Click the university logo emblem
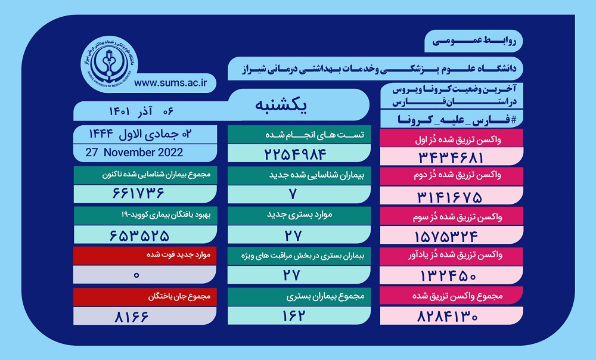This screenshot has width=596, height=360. click(110, 64)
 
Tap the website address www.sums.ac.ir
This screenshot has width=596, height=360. click(170, 83)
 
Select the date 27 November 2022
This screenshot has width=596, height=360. click(134, 153)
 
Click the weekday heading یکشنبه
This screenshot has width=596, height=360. click(281, 104)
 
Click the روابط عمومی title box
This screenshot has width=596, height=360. click(474, 41)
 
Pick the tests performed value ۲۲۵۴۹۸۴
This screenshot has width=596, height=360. click(296, 154)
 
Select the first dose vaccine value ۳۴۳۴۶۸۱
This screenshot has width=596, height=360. click(451, 157)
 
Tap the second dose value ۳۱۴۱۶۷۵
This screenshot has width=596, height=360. click(449, 197)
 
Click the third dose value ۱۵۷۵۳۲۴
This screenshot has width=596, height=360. click(446, 237)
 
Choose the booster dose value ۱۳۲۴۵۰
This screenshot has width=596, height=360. click(449, 275)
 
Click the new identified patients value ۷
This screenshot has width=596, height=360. click(292, 194)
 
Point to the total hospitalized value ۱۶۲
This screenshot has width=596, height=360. click(293, 316)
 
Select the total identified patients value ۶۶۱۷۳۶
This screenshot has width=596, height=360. click(138, 193)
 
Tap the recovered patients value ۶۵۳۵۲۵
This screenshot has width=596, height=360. click(139, 235)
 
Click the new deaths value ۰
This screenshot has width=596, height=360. click(137, 275)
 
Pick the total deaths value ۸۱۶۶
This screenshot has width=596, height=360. click(132, 316)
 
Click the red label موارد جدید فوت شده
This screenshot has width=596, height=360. click(179, 255)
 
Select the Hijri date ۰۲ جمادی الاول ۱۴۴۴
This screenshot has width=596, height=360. click(140, 134)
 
